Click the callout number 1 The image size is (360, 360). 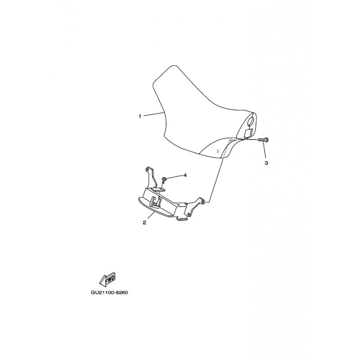140,116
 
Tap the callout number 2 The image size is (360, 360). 144,222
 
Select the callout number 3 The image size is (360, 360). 266,162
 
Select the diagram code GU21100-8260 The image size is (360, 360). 110,293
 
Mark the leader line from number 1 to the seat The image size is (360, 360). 153,114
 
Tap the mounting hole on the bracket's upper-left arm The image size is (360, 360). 147,169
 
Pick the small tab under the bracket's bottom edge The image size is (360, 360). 181,219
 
